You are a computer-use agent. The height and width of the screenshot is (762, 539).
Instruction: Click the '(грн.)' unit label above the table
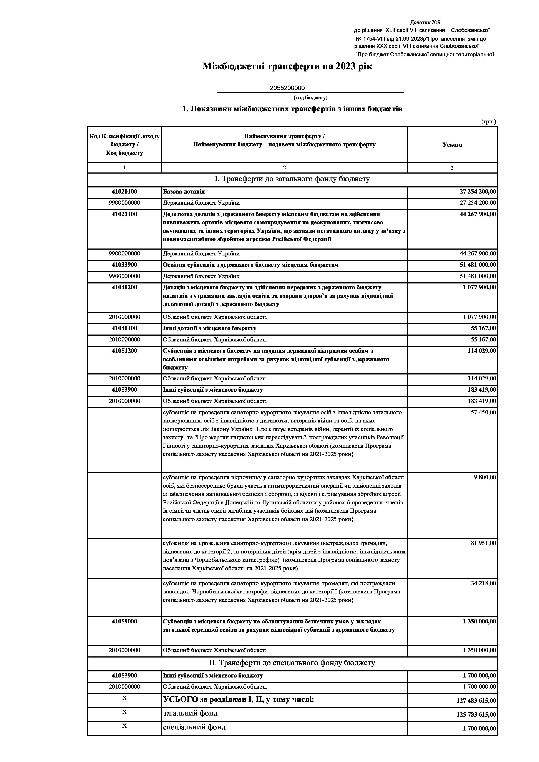click(x=489, y=122)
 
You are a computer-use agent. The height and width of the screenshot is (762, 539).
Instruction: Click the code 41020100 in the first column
click(x=124, y=192)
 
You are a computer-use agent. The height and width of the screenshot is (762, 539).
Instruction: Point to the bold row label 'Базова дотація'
click(x=184, y=192)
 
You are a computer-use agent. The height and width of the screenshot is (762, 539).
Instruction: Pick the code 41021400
click(x=124, y=214)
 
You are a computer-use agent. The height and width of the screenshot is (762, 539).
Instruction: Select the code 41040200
click(x=124, y=287)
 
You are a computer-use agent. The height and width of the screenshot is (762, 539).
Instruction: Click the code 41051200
click(x=124, y=351)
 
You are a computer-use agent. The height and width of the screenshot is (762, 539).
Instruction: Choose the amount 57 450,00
click(x=483, y=412)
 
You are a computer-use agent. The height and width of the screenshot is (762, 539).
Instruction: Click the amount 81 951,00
click(x=483, y=543)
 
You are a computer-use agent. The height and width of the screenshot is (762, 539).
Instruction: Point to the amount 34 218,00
click(x=483, y=583)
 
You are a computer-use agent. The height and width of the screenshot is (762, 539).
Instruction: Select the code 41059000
click(x=124, y=621)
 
